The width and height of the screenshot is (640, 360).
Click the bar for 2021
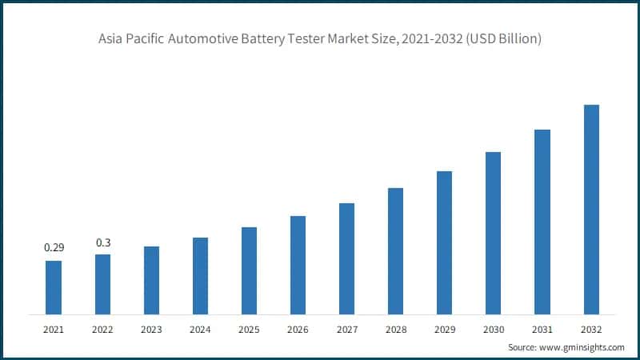point(54,287)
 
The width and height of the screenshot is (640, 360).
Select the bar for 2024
point(200,275)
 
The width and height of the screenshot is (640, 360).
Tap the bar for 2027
point(346,258)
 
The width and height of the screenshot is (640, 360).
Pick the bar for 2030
point(493,233)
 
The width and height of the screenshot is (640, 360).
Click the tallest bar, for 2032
point(591,209)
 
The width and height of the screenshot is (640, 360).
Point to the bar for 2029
point(444,242)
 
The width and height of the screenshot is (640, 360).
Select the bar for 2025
point(249,270)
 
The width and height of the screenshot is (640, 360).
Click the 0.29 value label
point(53,249)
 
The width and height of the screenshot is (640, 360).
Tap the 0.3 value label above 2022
point(102,242)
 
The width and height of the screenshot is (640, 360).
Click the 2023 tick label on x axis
point(151,328)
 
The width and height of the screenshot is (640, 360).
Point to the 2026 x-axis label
point(298,328)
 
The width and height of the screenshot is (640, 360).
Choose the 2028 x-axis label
point(395,328)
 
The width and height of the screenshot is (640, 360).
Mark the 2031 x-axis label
point(542,328)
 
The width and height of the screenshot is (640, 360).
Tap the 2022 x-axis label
point(102,328)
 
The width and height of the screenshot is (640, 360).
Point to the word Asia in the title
point(112,39)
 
